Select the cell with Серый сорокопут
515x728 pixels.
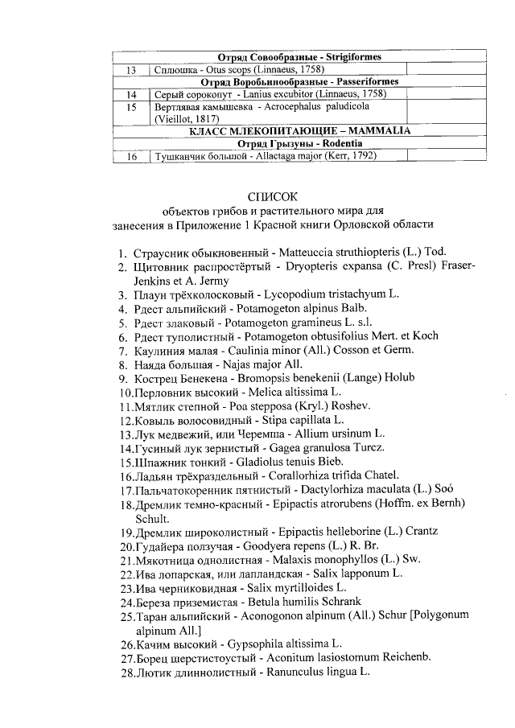pyautogui.click(x=278, y=94)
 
